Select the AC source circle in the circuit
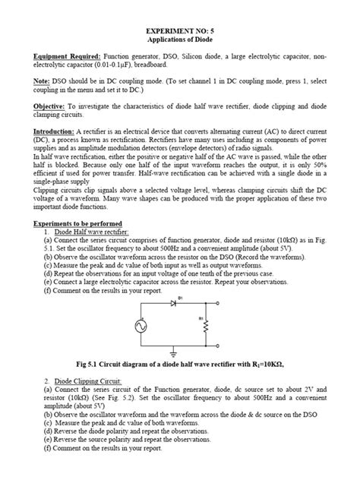(x=141, y=325)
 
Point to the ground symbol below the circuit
(x=174, y=354)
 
